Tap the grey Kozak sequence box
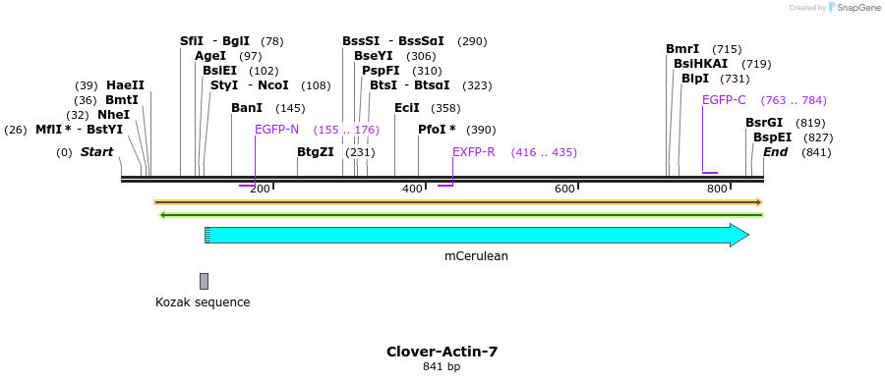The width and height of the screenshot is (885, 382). click(x=204, y=281)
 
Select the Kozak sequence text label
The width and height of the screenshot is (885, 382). click(x=203, y=302)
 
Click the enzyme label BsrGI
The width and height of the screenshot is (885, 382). click(x=764, y=123)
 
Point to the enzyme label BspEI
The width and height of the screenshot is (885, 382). click(x=772, y=137)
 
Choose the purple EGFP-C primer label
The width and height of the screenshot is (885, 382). click(x=724, y=100)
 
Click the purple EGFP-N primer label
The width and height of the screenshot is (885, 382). click(x=276, y=130)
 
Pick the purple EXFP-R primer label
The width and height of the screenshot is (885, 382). click(x=473, y=152)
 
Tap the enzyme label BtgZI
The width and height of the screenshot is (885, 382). click(x=316, y=152)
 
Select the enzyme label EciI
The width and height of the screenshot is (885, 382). click(x=406, y=108)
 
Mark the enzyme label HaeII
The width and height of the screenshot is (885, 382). click(x=125, y=85)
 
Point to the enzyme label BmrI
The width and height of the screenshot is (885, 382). click(x=682, y=49)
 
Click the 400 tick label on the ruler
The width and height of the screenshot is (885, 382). click(x=412, y=189)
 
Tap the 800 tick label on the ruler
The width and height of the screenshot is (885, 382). click(x=717, y=189)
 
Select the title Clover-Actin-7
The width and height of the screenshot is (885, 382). click(x=442, y=351)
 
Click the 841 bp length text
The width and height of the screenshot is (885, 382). click(x=442, y=367)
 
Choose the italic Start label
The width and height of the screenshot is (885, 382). click(x=96, y=152)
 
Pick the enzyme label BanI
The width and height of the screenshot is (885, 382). click(x=247, y=108)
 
